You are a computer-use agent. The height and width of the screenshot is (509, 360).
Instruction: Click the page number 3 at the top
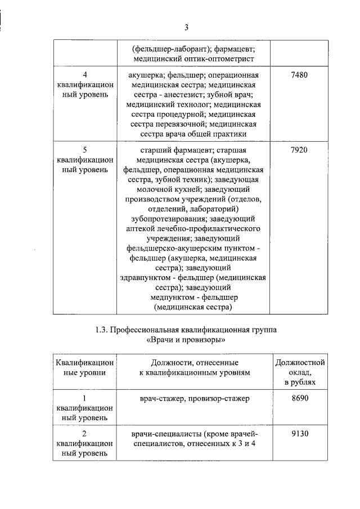186,27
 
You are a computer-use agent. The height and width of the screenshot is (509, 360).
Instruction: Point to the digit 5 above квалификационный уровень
84,150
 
